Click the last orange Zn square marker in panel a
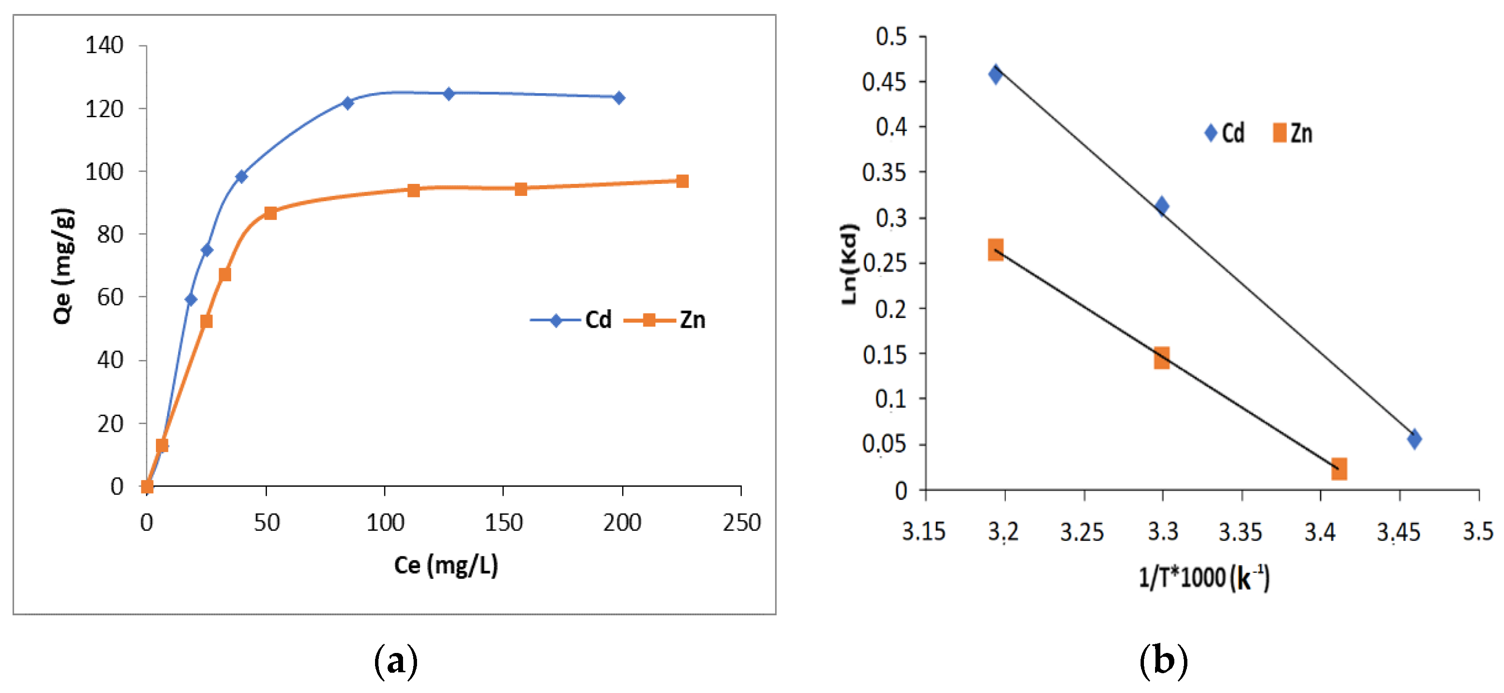point(682,181)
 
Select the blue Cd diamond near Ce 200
point(619,97)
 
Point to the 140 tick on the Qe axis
point(105,45)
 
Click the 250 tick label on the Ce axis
point(741,522)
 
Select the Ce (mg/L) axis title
point(446,565)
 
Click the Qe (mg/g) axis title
point(63,265)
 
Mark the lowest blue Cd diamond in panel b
point(1414,439)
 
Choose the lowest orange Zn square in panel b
point(1339,468)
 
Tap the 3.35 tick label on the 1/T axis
point(1240,531)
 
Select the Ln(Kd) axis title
point(849,264)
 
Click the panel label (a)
point(395,661)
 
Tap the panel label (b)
point(1163,661)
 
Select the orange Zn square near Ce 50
point(270,213)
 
